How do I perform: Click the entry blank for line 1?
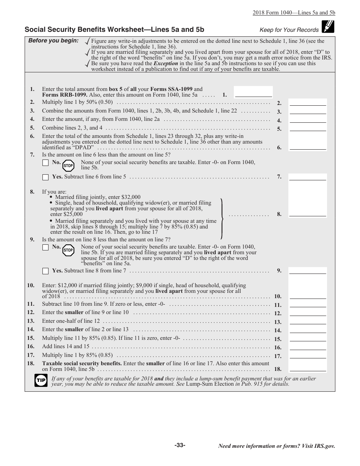tap(253, 92)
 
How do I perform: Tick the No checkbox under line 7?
tap(45, 163)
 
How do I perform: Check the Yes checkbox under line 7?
tap(45, 177)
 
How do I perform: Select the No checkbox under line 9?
tap(45, 247)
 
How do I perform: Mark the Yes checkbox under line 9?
tap(45, 271)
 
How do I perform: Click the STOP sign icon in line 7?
tap(68, 166)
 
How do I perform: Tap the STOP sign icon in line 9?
tap(68, 250)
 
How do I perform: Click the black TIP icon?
tap(41, 380)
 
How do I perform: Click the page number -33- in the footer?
tap(180, 445)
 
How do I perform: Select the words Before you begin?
tap(53, 41)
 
